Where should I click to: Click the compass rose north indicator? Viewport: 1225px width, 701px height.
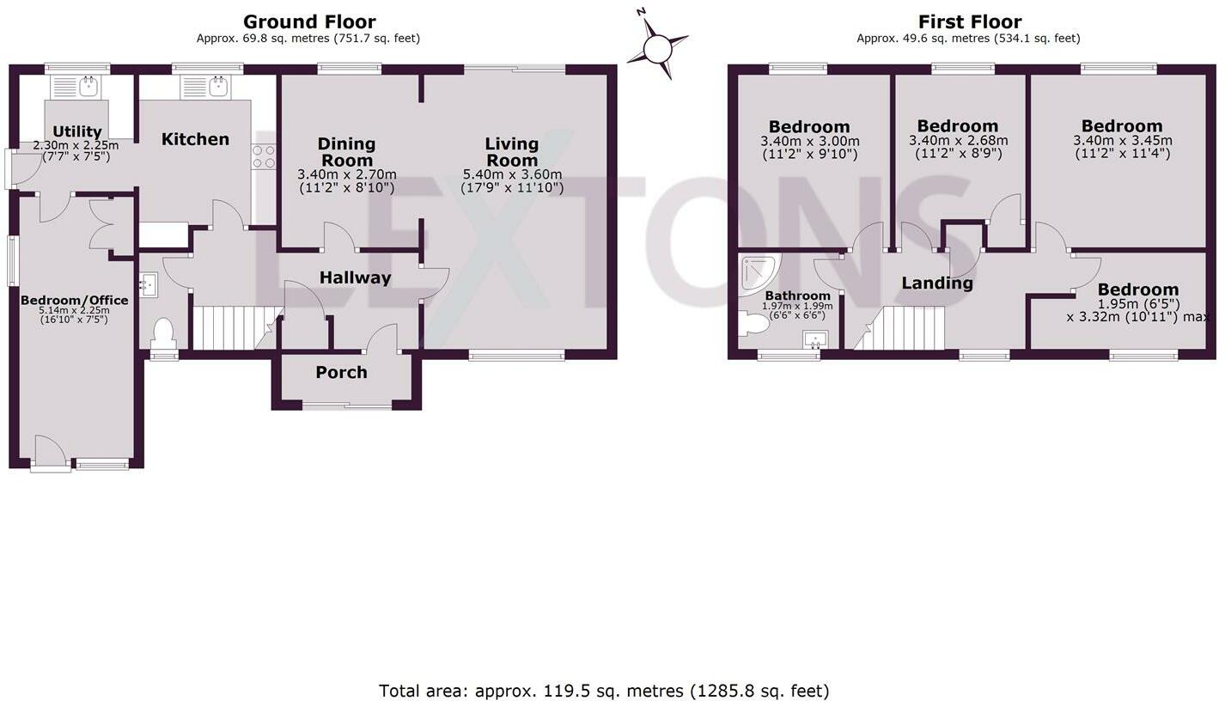pyautogui.click(x=657, y=48)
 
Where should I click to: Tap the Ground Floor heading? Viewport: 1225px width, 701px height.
pyautogui.click(x=309, y=21)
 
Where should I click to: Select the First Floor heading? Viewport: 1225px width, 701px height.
pyautogui.click(x=969, y=21)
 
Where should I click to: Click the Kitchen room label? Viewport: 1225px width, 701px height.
pyautogui.click(x=195, y=139)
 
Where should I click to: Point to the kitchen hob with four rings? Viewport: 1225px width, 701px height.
pyautogui.click(x=264, y=156)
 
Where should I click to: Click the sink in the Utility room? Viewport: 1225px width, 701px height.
pyautogui.click(x=76, y=86)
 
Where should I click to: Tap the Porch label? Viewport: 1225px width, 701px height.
pyautogui.click(x=341, y=372)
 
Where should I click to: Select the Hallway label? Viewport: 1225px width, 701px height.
pyautogui.click(x=355, y=277)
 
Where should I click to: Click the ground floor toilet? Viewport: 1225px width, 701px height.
pyautogui.click(x=162, y=332)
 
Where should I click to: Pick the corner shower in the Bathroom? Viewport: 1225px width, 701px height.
pyautogui.click(x=757, y=272)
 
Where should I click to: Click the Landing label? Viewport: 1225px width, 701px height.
pyautogui.click(x=936, y=283)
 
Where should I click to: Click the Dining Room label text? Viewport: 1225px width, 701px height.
pyautogui.click(x=346, y=151)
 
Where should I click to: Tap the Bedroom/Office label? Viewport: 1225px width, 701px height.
pyautogui.click(x=75, y=300)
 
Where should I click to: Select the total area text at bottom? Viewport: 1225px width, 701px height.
pyautogui.click(x=604, y=690)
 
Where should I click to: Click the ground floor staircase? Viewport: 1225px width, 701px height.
pyautogui.click(x=225, y=328)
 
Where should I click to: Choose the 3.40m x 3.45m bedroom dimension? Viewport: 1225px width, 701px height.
pyautogui.click(x=1122, y=141)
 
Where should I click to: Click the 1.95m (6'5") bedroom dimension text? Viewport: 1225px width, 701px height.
pyautogui.click(x=1138, y=303)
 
